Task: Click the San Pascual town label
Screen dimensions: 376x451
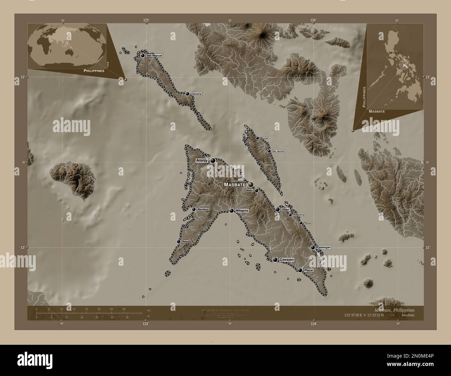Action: pyautogui.click(x=154, y=55)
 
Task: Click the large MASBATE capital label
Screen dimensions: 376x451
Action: pyautogui.click(x=235, y=185)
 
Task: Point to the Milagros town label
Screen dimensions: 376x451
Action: pyautogui.click(x=242, y=211)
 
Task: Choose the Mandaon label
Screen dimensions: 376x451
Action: pyautogui.click(x=203, y=210)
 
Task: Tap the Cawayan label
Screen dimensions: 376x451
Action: pyautogui.click(x=287, y=259)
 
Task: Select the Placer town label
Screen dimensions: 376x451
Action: pyautogui.click(x=308, y=270)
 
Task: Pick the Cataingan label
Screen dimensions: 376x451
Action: pyautogui.click(x=324, y=247)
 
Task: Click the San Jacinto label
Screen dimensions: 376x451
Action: pyautogui.click(x=278, y=151)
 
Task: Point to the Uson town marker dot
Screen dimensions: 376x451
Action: pyautogui.click(x=278, y=210)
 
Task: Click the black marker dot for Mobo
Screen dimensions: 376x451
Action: pyautogui.click(x=256, y=190)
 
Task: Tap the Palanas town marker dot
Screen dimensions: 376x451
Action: pyautogui.click(x=301, y=223)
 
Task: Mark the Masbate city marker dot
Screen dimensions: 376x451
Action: pyautogui.click(x=250, y=185)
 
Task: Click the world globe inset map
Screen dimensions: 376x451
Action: pyautogui.click(x=67, y=46)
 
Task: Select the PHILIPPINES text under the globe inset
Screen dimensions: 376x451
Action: pyautogui.click(x=94, y=70)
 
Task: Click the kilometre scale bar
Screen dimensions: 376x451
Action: pyautogui.click(x=89, y=313)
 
